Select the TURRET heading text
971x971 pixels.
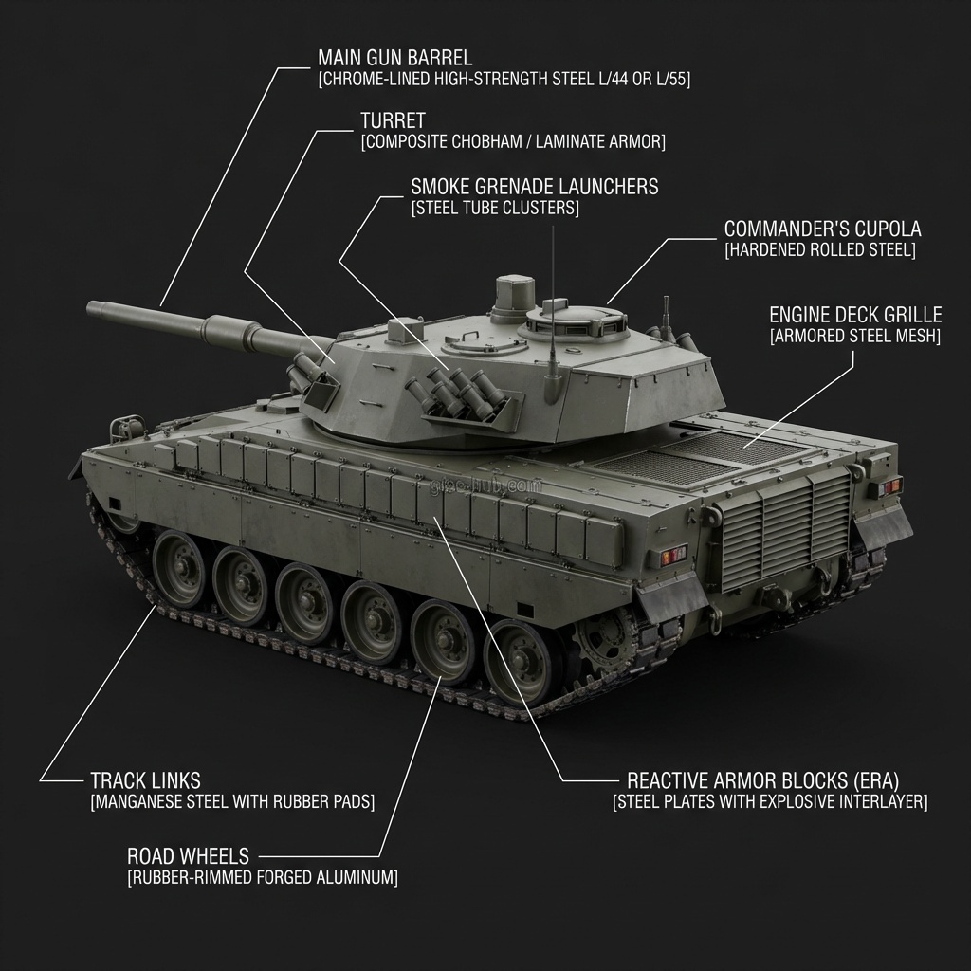click(393, 120)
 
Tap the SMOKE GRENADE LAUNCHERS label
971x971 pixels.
click(534, 186)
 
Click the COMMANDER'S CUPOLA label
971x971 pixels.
click(822, 229)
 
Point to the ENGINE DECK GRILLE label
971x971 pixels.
click(855, 314)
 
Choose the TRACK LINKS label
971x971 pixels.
click(145, 780)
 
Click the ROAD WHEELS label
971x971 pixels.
click(188, 856)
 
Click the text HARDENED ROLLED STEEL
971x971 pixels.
click(820, 250)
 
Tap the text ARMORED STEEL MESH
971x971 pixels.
click(855, 336)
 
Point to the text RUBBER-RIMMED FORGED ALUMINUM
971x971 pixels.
click(263, 878)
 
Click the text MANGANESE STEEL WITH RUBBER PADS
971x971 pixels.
click(232, 802)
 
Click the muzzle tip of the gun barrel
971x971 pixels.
click(92, 308)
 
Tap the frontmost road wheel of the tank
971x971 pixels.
click(178, 567)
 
